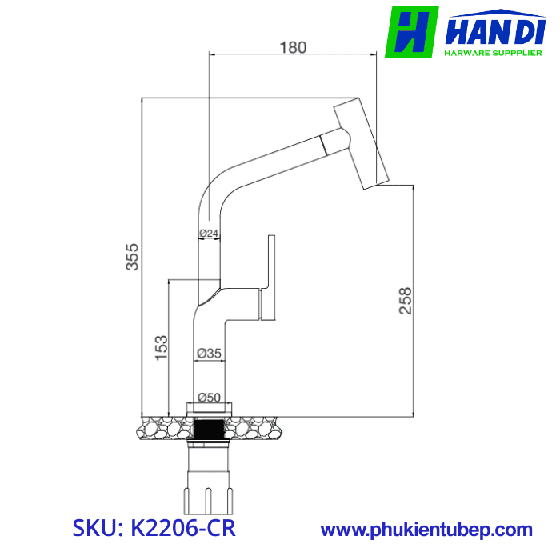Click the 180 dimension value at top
[293, 47]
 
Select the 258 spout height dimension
[406, 301]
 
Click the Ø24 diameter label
[209, 234]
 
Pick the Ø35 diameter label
[209, 353]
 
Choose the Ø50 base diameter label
[209, 398]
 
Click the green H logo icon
[412, 32]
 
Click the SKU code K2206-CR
[154, 530]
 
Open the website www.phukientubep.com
[426, 530]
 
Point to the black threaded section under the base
[210, 430]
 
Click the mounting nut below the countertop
[209, 497]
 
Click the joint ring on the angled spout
[324, 146]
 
